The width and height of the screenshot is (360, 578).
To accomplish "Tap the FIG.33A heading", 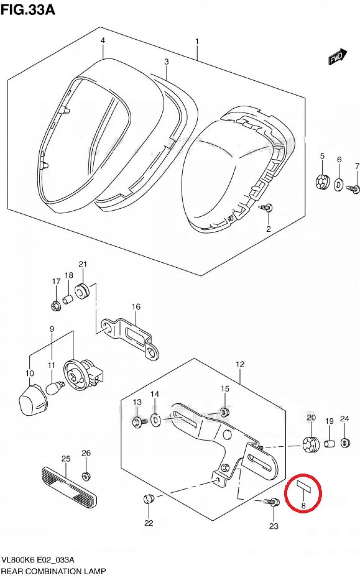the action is tap(28, 10).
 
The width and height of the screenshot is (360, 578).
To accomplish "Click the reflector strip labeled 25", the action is tap(69, 487).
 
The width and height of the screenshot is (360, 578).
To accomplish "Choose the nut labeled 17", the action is tap(56, 306).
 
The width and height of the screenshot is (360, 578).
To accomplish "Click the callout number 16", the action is tap(136, 307).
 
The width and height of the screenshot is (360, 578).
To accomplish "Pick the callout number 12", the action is tap(240, 364).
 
